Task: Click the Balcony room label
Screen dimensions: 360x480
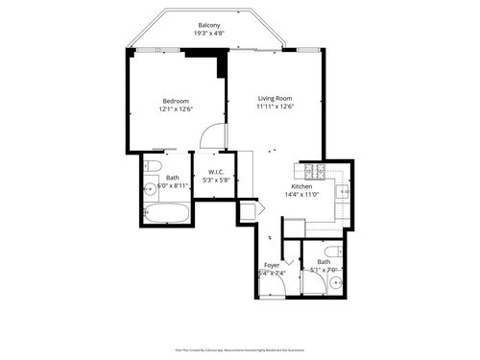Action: point(208,25)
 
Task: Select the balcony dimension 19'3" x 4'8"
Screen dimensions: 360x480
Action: point(208,34)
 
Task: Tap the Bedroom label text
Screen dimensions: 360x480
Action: point(176,101)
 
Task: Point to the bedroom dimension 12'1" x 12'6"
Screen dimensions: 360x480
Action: point(176,109)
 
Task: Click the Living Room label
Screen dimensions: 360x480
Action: point(275,98)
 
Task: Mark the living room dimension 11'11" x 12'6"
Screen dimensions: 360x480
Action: point(275,107)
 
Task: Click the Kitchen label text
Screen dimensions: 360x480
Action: point(301,186)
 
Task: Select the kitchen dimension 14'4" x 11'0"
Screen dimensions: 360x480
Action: point(301,195)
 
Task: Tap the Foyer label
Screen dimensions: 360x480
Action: point(272,264)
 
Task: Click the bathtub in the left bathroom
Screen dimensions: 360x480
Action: point(165,212)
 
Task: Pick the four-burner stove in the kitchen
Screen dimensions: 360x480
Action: point(314,172)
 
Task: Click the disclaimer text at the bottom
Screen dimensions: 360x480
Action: point(240,352)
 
